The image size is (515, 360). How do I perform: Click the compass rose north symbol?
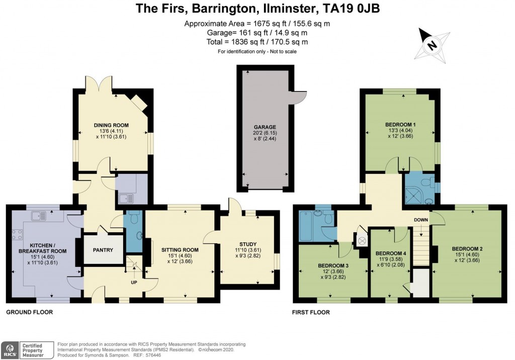click(432, 44)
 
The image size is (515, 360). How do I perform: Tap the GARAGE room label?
click(265, 127)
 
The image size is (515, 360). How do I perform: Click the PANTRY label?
click(103, 250)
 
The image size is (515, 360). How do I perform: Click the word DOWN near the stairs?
click(421, 220)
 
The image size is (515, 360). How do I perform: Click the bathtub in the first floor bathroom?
click(306, 227)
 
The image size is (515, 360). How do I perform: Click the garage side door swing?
click(300, 98)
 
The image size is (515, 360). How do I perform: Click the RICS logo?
click(9, 348)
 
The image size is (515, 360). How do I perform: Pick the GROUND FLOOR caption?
click(29, 312)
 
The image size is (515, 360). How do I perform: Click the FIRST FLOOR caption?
click(311, 312)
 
